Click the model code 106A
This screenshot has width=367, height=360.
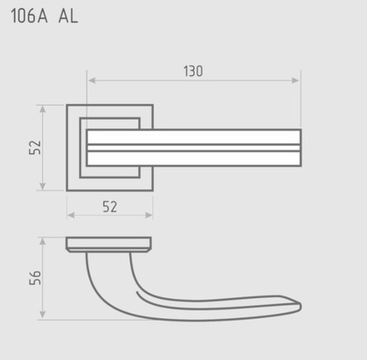click(29, 16)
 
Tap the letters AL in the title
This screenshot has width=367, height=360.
click(68, 16)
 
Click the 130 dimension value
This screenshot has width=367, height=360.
click(193, 72)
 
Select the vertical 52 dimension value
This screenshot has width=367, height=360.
click(35, 148)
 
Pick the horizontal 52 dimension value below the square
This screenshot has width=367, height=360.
click(110, 207)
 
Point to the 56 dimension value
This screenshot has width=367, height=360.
click(35, 278)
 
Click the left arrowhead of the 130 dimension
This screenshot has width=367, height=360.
click(92, 80)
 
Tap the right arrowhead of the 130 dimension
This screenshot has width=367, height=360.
click(295, 80)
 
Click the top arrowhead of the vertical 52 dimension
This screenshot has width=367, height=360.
click(43, 109)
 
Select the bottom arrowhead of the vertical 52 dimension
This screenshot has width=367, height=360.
click(43, 186)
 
